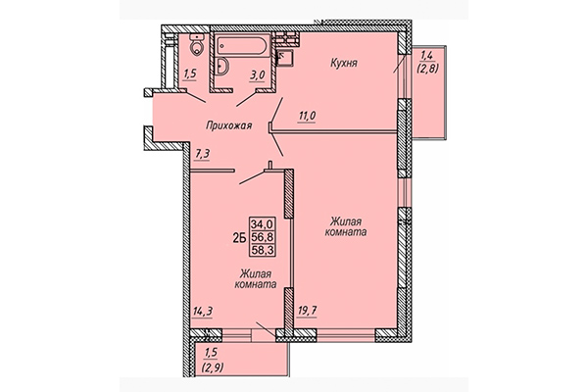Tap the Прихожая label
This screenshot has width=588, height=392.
pos(231,125)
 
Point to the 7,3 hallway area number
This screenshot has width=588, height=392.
pos(202,152)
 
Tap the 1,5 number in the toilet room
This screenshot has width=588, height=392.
pos(189,73)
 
